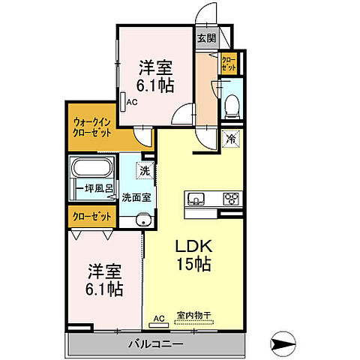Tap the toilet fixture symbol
pos(231,105)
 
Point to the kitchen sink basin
pos(196,199)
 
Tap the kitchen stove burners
pos(230,199)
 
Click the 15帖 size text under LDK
pos(192,264)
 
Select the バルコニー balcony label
pos(157,343)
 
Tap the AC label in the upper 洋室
pos(130,103)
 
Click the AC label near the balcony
pos(158,319)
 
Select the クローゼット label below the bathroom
pos(92,216)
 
